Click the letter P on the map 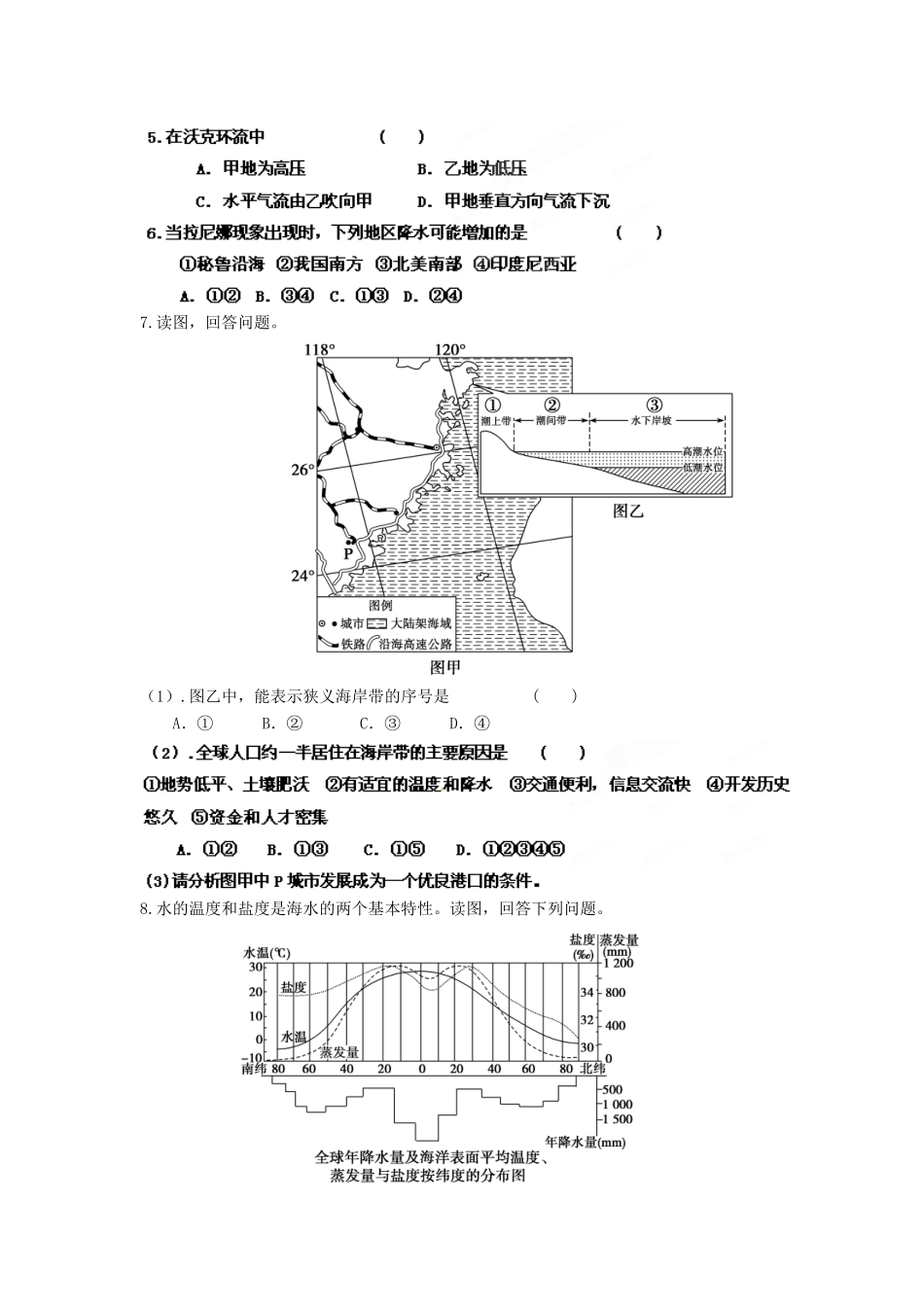point(347,553)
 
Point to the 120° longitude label point(450,350)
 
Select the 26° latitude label point(302,471)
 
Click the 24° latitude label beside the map point(302,576)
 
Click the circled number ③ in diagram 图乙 point(654,406)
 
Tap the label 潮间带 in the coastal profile point(551,421)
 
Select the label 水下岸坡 point(652,421)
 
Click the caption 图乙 point(628,511)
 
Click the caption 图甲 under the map point(444,667)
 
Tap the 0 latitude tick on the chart point(421,1069)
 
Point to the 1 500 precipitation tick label point(617,1119)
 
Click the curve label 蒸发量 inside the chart point(339,1052)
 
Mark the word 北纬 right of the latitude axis point(591,1069)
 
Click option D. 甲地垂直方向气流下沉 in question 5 point(513,201)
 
